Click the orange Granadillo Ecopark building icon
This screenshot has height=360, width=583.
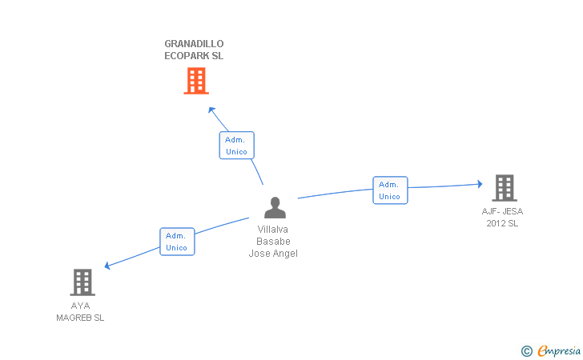click(196, 81)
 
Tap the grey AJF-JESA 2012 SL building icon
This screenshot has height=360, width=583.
click(504, 188)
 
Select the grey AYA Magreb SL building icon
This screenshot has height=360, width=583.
click(82, 282)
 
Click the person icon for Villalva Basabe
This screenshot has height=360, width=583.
click(275, 208)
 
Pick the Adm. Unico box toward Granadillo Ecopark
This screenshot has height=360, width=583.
click(236, 146)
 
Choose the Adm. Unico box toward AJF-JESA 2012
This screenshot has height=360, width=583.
click(390, 190)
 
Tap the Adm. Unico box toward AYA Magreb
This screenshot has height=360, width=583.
click(177, 242)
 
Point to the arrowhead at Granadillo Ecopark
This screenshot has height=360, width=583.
click(211, 110)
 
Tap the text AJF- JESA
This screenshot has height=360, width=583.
click(502, 211)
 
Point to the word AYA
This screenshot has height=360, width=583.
click(80, 306)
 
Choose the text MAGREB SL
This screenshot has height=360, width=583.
click(80, 318)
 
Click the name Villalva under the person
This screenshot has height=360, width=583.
click(272, 230)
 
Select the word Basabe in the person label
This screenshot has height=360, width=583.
click(273, 242)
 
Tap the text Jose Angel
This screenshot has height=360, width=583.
click(273, 254)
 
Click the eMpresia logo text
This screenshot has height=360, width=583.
click(558, 350)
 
